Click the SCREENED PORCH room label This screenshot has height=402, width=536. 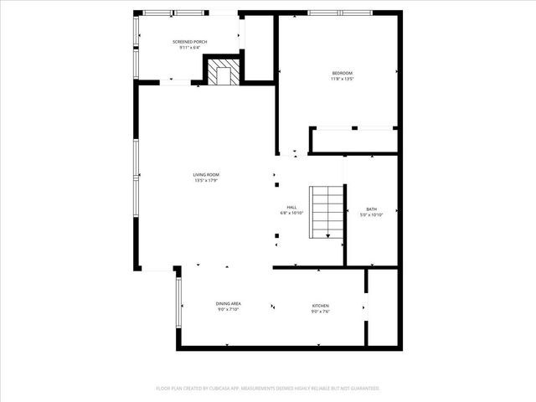(x=190, y=42)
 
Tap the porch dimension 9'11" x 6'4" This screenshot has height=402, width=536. (x=190, y=48)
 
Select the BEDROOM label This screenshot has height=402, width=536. (x=343, y=74)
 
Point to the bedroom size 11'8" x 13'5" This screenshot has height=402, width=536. (x=343, y=80)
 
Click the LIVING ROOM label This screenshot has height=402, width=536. (x=206, y=174)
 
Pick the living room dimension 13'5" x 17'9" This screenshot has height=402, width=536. (x=206, y=180)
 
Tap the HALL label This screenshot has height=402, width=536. (x=291, y=207)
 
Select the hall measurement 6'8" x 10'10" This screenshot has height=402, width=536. (x=291, y=214)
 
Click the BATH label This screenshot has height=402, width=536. (x=371, y=209)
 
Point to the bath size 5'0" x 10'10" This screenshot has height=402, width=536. (x=371, y=215)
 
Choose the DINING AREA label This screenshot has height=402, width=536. (x=229, y=304)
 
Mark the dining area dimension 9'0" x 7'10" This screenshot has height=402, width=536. (x=229, y=310)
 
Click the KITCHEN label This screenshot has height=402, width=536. (x=321, y=305)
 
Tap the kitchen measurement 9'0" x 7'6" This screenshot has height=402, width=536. (x=321, y=311)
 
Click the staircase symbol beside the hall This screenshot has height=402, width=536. (x=327, y=213)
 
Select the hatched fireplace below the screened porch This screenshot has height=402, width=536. (x=223, y=73)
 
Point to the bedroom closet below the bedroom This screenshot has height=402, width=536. (x=353, y=141)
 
